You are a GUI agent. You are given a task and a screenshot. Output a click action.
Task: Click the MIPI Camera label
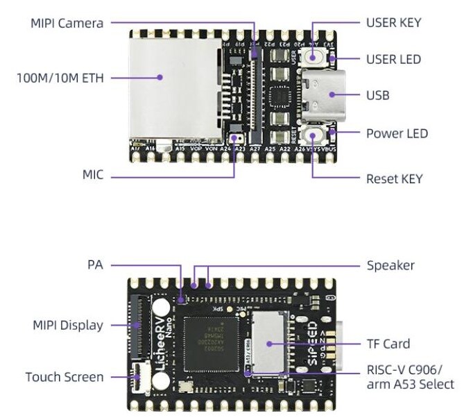[x=67, y=23]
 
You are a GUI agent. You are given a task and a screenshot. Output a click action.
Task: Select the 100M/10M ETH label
[x=60, y=78]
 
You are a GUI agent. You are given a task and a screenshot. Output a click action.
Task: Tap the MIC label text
[x=93, y=175]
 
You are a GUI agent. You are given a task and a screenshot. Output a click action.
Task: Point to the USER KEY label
[x=393, y=23]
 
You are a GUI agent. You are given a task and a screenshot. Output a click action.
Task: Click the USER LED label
[x=393, y=59]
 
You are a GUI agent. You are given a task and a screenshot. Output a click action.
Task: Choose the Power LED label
[x=397, y=133]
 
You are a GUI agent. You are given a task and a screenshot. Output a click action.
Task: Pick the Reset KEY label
[x=394, y=178]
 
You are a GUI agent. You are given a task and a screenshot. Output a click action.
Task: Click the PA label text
[x=95, y=265]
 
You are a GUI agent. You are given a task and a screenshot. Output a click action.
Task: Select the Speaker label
[x=390, y=265]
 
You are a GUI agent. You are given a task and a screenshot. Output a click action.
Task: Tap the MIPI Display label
[x=68, y=325]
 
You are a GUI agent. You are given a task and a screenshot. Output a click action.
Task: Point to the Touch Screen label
[x=65, y=377]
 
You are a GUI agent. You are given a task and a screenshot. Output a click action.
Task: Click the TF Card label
[x=388, y=344]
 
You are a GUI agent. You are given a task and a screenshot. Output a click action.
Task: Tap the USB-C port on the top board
[x=320, y=95]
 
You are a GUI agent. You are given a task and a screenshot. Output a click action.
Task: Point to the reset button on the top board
[x=316, y=135]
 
